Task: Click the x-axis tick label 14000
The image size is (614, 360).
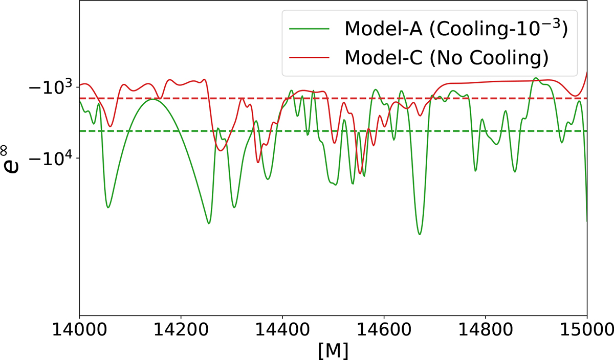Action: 79,330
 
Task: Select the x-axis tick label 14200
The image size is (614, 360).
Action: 181,330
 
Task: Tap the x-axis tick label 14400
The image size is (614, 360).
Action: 282,330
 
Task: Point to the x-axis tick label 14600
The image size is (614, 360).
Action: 384,330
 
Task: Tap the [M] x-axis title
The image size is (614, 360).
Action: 333,350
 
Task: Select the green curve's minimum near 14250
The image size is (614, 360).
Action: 209,223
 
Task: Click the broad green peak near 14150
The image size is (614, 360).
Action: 152,99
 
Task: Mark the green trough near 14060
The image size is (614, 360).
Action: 108,208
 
